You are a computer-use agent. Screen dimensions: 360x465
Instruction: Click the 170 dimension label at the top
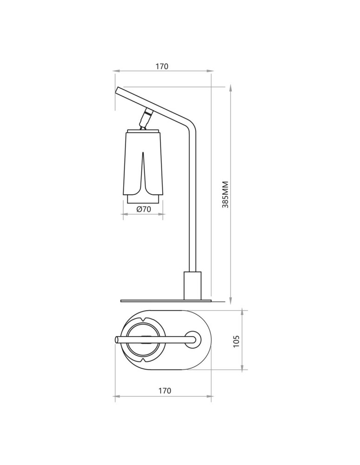(162, 66)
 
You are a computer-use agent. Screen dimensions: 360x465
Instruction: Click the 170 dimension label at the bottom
(165, 391)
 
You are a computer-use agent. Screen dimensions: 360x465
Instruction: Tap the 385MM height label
(226, 194)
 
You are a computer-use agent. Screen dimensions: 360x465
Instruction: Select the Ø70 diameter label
(144, 209)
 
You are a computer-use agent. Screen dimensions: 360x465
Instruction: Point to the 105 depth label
(236, 341)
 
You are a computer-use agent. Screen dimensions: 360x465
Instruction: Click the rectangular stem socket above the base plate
(193, 286)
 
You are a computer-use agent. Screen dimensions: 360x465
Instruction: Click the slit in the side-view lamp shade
(143, 173)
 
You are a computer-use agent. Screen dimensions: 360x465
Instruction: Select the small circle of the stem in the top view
(193, 339)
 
